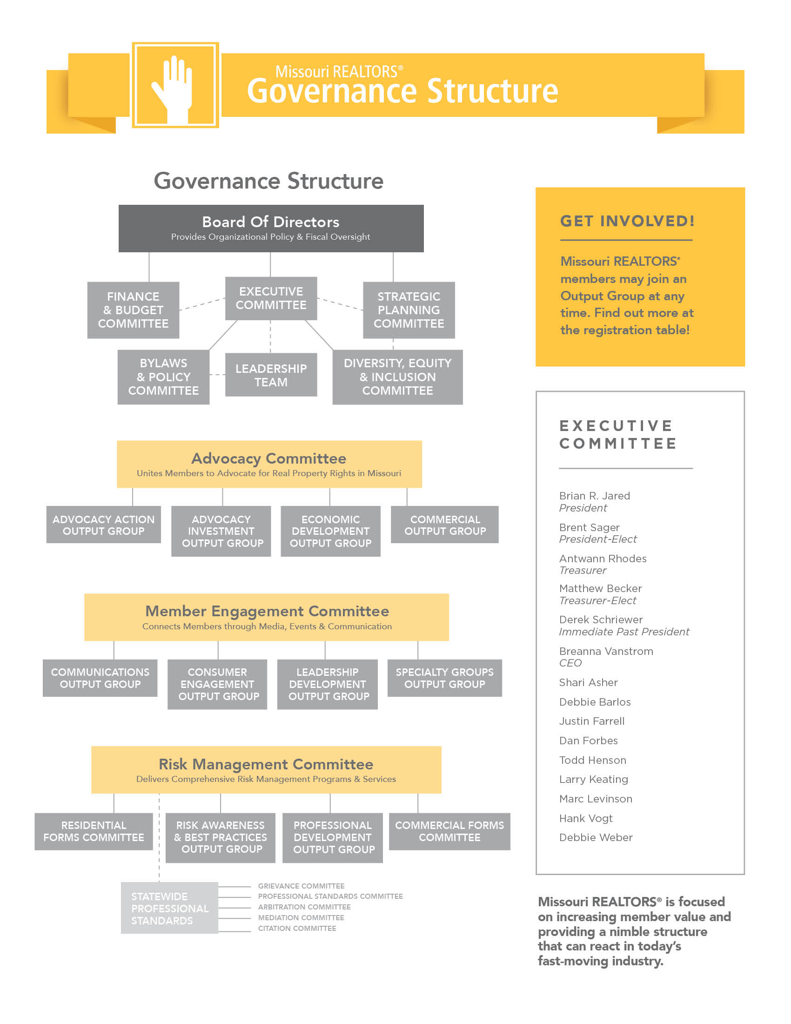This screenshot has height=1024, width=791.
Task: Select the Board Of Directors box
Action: [271, 229]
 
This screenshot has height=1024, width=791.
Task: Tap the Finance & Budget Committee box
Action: [133, 310]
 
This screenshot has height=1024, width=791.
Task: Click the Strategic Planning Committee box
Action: [409, 310]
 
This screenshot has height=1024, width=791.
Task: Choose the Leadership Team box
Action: [271, 375]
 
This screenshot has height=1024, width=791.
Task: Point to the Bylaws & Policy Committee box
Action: [163, 377]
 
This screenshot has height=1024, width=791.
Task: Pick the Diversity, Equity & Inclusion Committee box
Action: [397, 377]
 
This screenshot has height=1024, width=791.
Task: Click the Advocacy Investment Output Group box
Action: [221, 531]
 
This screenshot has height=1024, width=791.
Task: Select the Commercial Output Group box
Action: [445, 525]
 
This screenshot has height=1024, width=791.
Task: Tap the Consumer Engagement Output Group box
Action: [217, 684]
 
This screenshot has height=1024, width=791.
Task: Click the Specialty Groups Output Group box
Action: [445, 678]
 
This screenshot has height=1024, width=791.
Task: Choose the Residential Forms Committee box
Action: [94, 831]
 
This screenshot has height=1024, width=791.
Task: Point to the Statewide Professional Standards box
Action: [169, 908]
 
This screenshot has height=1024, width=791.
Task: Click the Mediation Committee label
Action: [301, 917]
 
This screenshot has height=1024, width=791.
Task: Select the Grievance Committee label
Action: [301, 886]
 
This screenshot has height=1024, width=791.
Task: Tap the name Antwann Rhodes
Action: [603, 559]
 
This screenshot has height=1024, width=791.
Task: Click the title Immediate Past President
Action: [623, 632]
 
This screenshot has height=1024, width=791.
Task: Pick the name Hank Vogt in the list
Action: [586, 818]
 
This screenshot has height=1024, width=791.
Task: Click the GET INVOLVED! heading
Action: [627, 221]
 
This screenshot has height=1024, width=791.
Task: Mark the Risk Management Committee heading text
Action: [266, 764]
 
